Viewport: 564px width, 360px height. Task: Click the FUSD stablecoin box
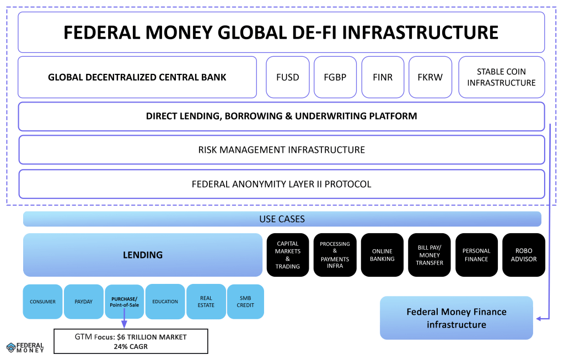[x=288, y=77]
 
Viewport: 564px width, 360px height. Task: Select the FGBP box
[x=335, y=77]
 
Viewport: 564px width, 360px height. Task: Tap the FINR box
[x=383, y=77]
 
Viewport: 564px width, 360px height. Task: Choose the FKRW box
[x=430, y=77]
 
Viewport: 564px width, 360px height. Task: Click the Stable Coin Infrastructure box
[x=501, y=77]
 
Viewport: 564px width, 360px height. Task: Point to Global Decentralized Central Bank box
[x=137, y=77]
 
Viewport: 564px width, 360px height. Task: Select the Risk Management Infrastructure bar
[x=281, y=149]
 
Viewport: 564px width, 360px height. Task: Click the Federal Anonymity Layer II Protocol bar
[x=281, y=184]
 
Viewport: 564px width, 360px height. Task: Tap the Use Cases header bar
[x=282, y=219]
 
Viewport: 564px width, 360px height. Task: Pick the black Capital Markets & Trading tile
[x=288, y=255]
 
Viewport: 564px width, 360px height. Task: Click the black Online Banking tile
[x=383, y=255]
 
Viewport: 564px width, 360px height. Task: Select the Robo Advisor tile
[x=524, y=255]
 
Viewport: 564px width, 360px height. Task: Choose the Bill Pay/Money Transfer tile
[x=429, y=255]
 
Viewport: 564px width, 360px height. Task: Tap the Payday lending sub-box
[x=83, y=302]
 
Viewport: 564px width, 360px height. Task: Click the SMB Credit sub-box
[x=245, y=302]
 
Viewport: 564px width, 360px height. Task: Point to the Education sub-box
[x=165, y=302]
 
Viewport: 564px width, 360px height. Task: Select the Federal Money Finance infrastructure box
[x=456, y=318]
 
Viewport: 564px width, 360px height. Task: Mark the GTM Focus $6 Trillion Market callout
[x=131, y=341]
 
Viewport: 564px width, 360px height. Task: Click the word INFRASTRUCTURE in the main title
[x=421, y=33]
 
